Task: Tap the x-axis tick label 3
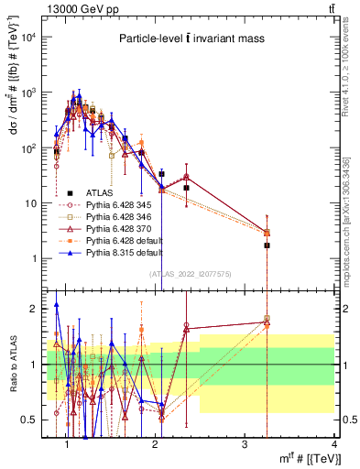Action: [245, 446]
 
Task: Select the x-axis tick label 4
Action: [333, 446]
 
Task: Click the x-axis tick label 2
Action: [158, 446]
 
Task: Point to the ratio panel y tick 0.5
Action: [31, 420]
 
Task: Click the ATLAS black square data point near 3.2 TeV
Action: [267, 245]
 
